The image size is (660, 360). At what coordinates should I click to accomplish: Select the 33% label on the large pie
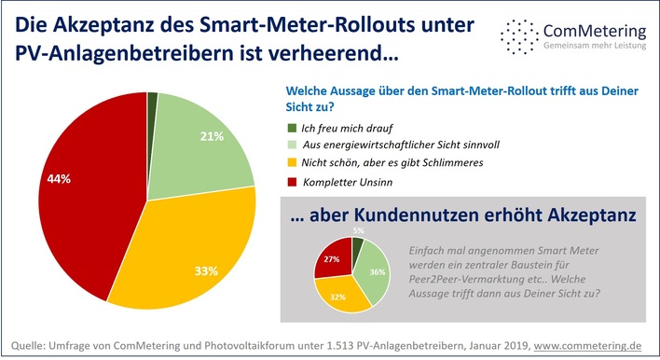coord(206,271)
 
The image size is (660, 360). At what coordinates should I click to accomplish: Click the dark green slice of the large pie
coord(152,98)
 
